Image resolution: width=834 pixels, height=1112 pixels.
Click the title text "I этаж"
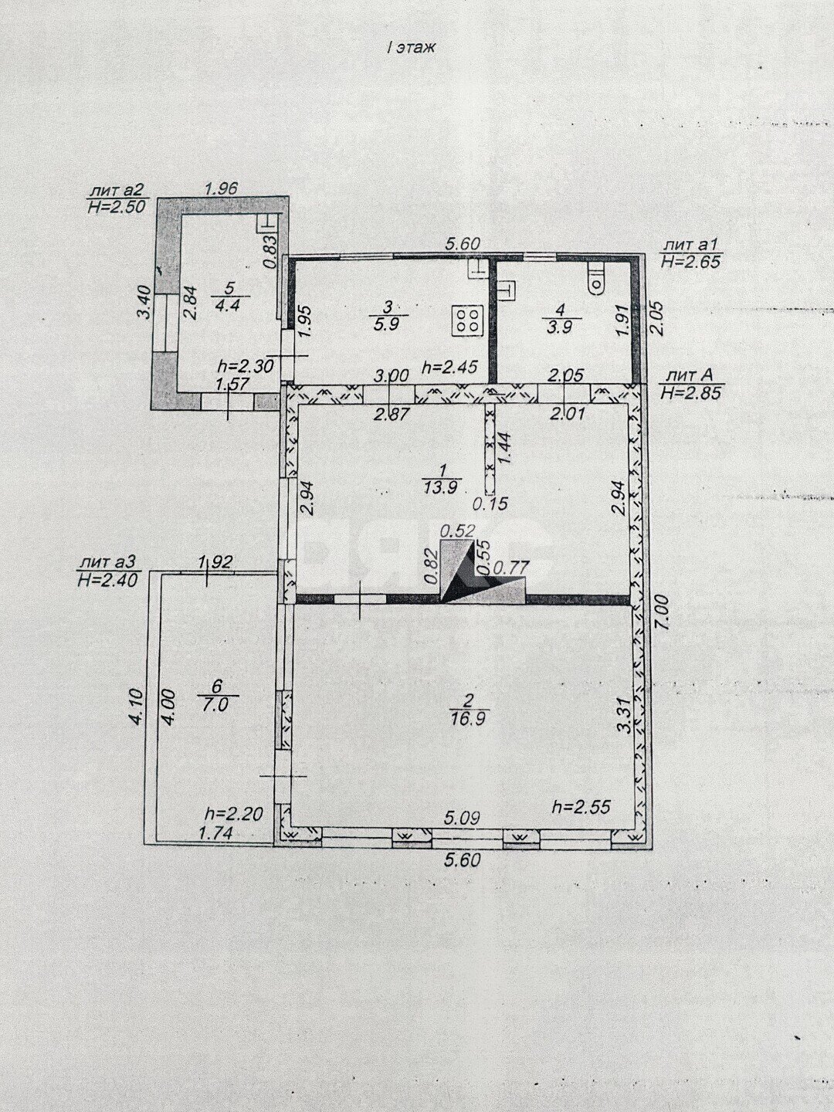coord(410,48)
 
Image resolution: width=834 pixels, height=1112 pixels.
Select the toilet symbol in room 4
coord(596,279)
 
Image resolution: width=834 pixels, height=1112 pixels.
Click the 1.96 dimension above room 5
coord(220,188)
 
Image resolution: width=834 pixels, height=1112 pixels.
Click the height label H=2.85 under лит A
coord(690,392)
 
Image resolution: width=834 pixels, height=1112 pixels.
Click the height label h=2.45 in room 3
coord(449,366)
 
